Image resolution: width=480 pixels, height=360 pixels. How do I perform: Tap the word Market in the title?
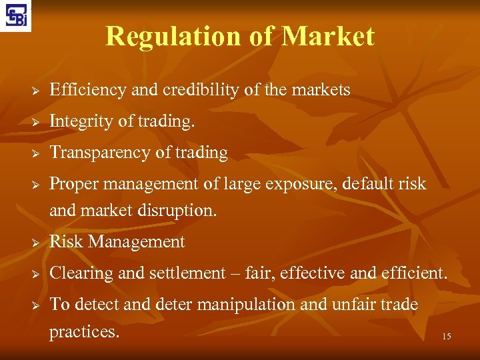[x=328, y=36]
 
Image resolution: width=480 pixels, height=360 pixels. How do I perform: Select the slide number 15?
[x=446, y=337]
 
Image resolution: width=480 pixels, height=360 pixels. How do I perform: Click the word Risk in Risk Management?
[x=65, y=241]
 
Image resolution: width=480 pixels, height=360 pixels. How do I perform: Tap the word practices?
[x=85, y=331]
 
